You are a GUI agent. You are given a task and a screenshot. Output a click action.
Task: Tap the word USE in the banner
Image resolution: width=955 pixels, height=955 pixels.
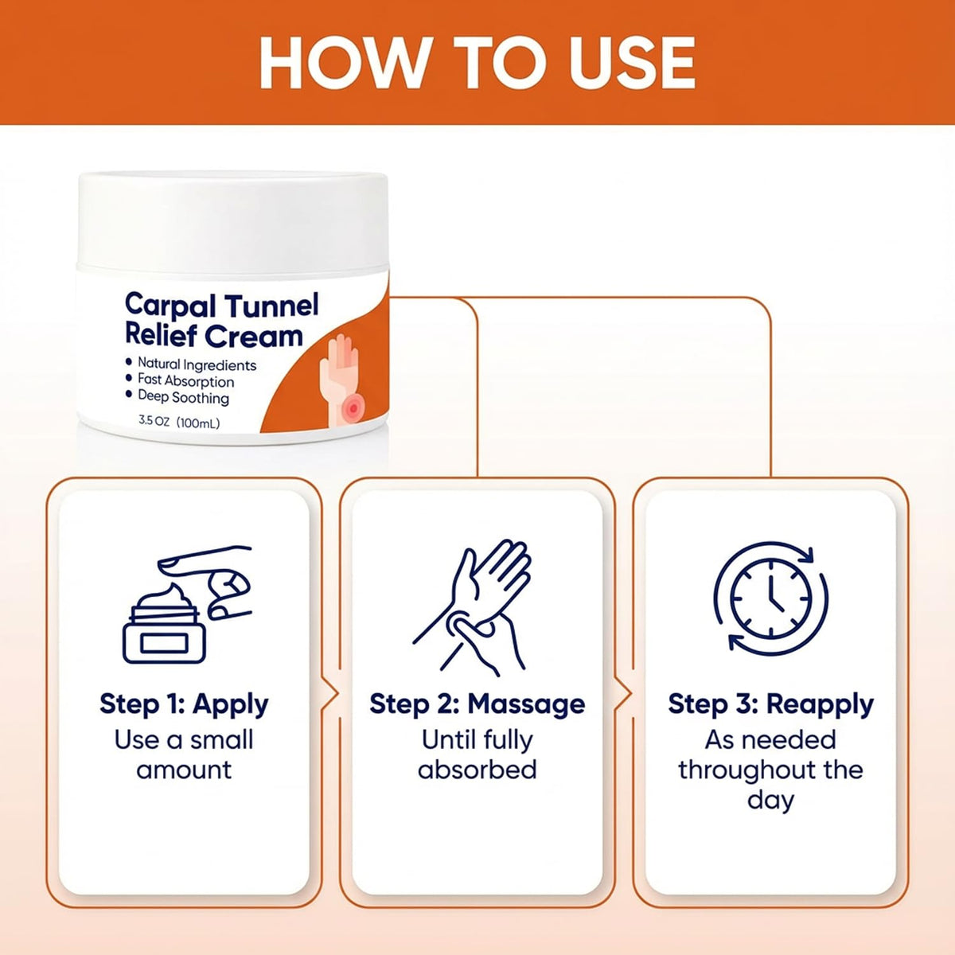[x=633, y=63]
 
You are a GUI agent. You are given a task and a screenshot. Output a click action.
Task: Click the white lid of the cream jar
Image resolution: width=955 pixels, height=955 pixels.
[x=232, y=220]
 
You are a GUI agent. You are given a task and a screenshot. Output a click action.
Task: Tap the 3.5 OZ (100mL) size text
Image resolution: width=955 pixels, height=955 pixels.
[x=179, y=423]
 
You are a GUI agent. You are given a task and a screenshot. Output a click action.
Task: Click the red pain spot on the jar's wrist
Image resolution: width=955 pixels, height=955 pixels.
[x=353, y=408]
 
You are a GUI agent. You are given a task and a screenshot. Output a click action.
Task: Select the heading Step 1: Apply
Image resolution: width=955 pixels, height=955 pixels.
[x=184, y=704]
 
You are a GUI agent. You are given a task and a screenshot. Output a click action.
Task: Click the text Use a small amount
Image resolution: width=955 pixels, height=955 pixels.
[x=184, y=755]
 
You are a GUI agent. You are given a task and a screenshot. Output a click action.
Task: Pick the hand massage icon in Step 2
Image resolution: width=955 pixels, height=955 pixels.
[x=472, y=607]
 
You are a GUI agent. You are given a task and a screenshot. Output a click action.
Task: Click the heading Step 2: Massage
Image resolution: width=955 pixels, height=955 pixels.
[x=477, y=704]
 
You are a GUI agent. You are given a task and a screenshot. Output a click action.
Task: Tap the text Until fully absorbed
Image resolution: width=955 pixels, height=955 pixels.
[x=477, y=755]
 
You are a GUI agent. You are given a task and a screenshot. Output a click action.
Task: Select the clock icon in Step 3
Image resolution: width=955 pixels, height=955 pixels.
[x=770, y=599]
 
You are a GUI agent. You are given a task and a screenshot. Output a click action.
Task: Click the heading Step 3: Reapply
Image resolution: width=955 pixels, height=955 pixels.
[x=770, y=704]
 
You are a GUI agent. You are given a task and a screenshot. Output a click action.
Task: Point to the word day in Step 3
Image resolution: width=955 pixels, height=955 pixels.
[x=770, y=801]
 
